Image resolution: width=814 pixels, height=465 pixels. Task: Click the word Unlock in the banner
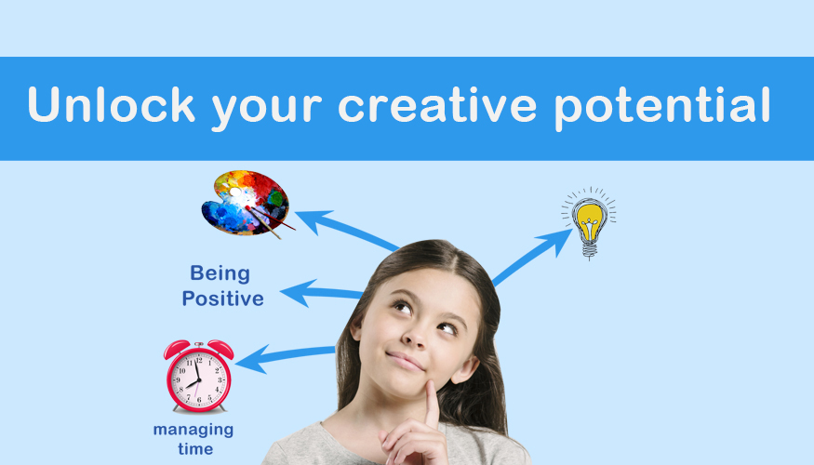(111, 104)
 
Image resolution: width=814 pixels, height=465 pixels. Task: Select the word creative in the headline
(437, 104)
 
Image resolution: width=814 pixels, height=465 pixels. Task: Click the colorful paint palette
(246, 203)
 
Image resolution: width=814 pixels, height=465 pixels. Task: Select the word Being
(220, 274)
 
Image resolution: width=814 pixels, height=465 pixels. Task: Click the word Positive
(222, 299)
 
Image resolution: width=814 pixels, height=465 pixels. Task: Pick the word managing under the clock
(193, 431)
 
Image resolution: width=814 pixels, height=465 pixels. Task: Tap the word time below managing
(195, 449)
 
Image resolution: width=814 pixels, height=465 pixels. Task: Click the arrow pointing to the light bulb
(532, 258)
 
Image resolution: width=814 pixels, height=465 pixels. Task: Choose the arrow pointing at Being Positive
(321, 293)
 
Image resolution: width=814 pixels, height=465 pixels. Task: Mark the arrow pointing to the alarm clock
(285, 357)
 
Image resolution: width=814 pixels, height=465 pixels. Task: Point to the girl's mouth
(405, 361)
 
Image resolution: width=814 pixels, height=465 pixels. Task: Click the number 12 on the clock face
(199, 360)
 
